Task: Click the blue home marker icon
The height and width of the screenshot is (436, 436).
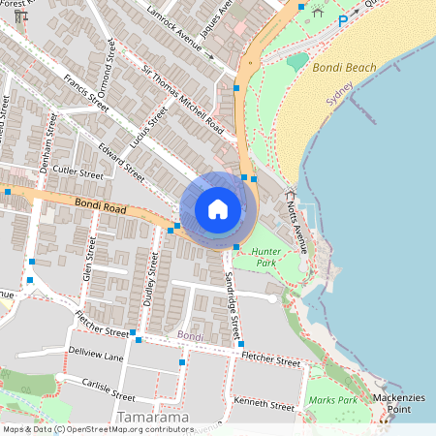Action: coord(218,209)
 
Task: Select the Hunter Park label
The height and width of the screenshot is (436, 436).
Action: coord(265,257)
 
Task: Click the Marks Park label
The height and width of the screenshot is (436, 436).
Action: coord(333,400)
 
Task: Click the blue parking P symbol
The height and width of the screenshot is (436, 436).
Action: coord(342,19)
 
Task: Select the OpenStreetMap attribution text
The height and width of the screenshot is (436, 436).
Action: coord(110,429)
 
